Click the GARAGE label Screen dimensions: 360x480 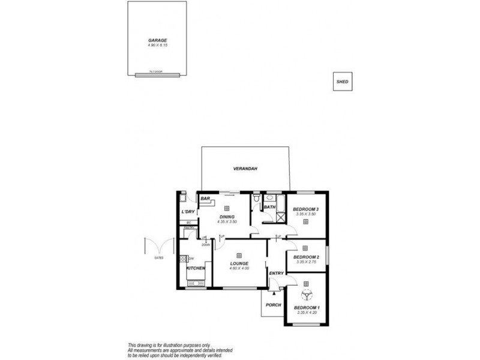tap(157, 40)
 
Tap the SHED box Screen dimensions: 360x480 tap(342, 81)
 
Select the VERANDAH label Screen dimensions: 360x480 tap(245, 169)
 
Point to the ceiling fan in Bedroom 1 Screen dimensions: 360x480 tap(306, 295)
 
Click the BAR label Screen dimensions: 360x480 tap(205, 199)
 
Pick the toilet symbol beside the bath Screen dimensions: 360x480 tap(256, 198)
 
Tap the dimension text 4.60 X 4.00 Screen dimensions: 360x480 tap(238, 268)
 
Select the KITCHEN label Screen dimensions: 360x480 tap(196, 268)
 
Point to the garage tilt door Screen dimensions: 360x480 tap(157, 74)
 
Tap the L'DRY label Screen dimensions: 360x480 tap(188, 212)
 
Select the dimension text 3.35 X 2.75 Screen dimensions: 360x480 tap(305, 262)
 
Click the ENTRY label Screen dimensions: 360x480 tap(276, 274)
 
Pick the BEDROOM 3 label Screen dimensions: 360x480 tap(305, 209)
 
